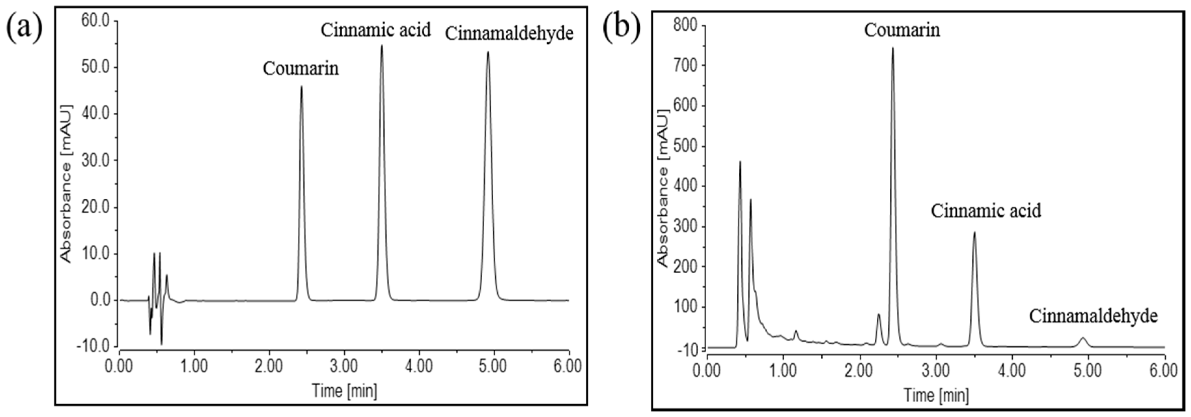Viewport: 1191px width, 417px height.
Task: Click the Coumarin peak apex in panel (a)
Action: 301,87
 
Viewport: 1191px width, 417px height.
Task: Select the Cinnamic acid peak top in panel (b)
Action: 975,233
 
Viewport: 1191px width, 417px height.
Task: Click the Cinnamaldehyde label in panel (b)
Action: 1093,317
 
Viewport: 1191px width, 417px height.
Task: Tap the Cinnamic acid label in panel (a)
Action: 376,30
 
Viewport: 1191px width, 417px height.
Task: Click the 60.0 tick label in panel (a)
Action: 95,21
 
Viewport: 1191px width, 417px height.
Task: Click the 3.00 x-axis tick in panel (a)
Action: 344,367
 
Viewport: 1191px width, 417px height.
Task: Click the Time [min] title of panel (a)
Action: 344,391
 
